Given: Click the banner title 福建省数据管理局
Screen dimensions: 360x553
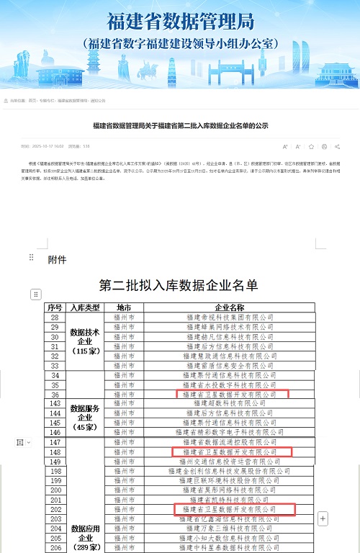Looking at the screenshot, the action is (x=180, y=22).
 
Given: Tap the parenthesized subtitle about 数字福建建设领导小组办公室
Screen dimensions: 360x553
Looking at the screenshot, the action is (x=180, y=42).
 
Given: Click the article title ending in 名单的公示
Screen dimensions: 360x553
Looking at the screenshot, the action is (x=180, y=125).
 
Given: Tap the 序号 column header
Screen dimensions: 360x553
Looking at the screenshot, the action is (x=55, y=307).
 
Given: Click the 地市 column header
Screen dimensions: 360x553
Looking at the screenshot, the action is (x=125, y=307).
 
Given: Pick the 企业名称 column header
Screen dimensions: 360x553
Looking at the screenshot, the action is (x=229, y=307).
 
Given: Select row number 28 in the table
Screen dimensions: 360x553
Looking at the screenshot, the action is (x=55, y=317).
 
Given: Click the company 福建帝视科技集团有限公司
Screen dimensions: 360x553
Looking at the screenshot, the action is (x=229, y=317).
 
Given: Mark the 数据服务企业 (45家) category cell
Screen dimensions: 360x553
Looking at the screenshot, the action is (x=86, y=417).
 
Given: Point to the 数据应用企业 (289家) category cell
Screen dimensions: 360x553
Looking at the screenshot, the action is (x=86, y=537).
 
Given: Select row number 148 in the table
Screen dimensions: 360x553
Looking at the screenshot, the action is (x=55, y=451).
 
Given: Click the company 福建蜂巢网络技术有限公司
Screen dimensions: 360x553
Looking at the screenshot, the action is (x=229, y=326).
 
